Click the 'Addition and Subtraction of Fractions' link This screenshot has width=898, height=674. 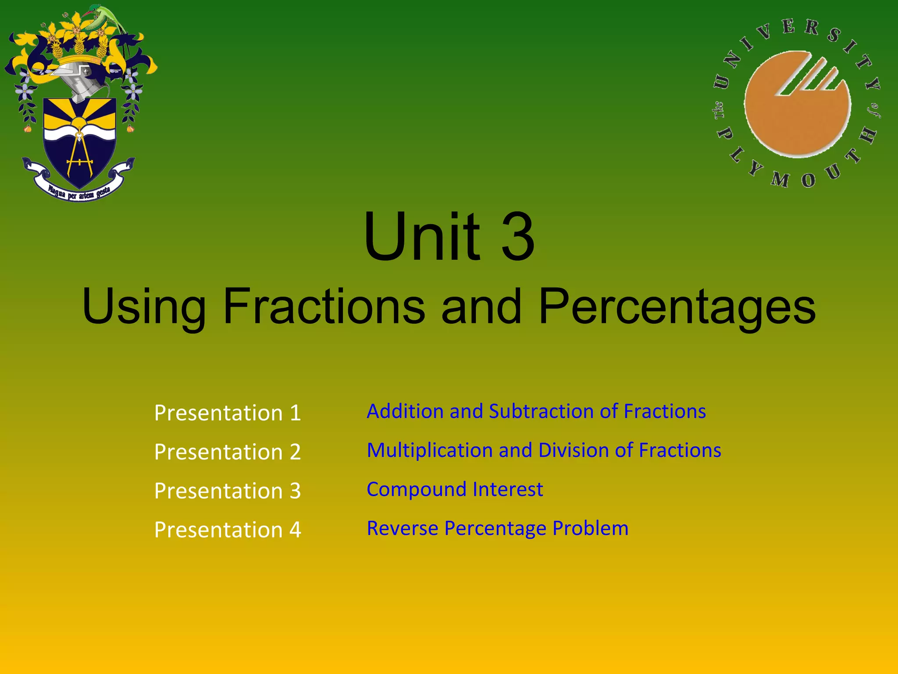point(536,412)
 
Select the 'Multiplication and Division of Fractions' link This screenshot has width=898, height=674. point(544,451)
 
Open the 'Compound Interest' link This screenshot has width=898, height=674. point(455,489)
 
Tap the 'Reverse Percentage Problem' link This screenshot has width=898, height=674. point(497,528)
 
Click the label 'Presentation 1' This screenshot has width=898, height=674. point(227,413)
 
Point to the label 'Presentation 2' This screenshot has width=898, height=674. point(227,452)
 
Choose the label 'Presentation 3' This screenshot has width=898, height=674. point(227,491)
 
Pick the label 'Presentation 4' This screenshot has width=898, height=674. point(227,530)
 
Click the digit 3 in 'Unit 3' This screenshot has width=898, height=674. point(518,237)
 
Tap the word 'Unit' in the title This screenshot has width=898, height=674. point(422,237)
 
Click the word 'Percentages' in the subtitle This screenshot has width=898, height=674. point(677,307)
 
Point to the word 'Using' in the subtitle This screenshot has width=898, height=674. point(144,307)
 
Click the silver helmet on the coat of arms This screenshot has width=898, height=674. point(79,79)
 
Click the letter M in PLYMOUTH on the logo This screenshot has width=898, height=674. point(780,179)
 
